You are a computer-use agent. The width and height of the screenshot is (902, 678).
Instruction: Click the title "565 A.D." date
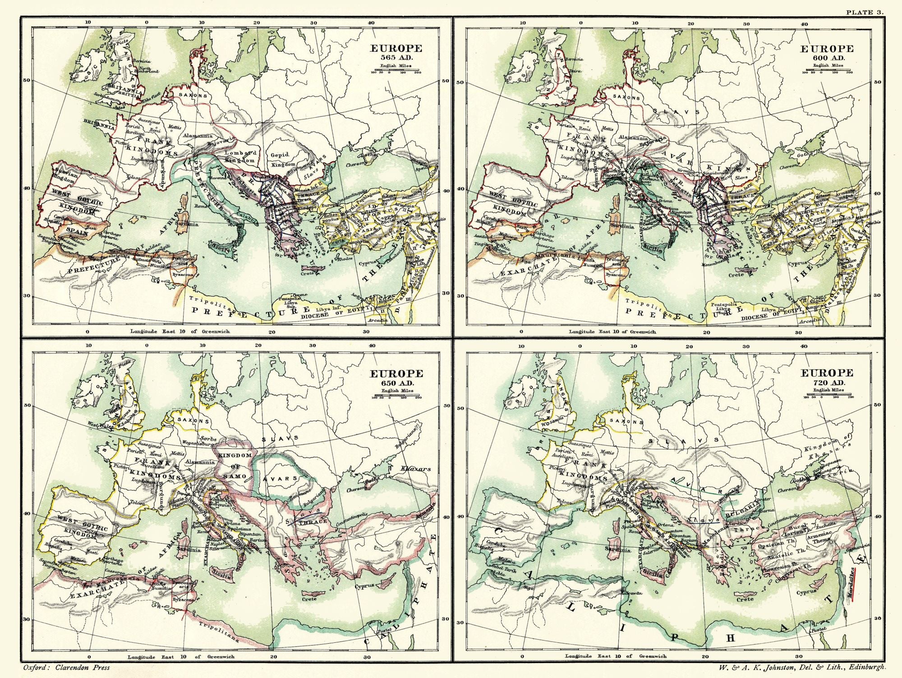[396, 57]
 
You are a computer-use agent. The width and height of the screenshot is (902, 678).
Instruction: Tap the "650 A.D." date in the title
[396, 383]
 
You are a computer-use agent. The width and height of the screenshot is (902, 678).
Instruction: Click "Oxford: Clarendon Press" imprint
[66, 668]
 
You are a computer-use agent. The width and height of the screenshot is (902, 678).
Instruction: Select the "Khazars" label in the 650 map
[415, 469]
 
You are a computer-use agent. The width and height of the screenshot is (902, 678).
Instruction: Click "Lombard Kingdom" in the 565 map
[240, 156]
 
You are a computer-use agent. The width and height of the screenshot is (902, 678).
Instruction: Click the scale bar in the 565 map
[396, 71]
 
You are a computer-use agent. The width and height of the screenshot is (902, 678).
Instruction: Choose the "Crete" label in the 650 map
[309, 599]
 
